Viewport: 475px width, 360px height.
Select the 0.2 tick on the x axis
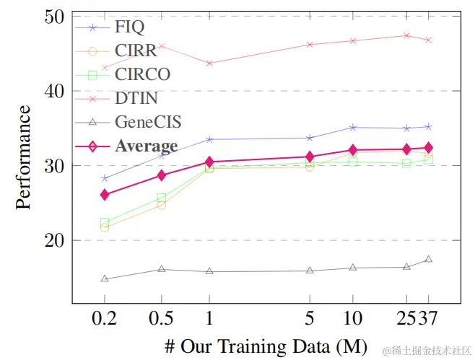click(104, 318)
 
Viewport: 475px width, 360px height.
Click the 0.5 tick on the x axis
click(161, 318)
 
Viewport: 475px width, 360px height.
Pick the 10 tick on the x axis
click(353, 318)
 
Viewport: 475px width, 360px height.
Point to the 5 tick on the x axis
click(310, 318)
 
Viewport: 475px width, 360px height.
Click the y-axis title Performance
click(24, 157)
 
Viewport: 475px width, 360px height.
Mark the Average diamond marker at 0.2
click(104, 195)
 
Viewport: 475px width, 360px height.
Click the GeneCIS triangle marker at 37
click(428, 259)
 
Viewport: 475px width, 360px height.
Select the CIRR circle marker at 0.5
click(161, 206)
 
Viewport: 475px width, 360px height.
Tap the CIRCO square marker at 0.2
click(104, 223)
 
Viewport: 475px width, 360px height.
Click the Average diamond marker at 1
click(209, 162)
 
